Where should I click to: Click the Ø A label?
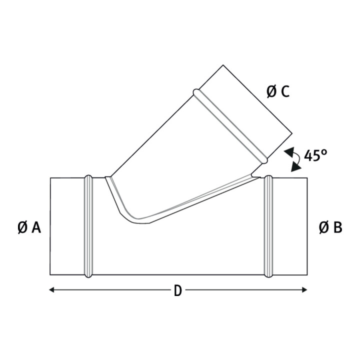29,228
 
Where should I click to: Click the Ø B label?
330,228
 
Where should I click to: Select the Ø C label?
278,91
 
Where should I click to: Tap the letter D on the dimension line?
178,291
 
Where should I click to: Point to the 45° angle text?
315,155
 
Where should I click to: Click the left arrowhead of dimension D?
51,290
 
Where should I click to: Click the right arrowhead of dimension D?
304,290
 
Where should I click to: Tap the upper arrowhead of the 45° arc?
290,152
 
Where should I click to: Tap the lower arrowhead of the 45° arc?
295,167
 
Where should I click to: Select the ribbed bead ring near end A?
88,226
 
